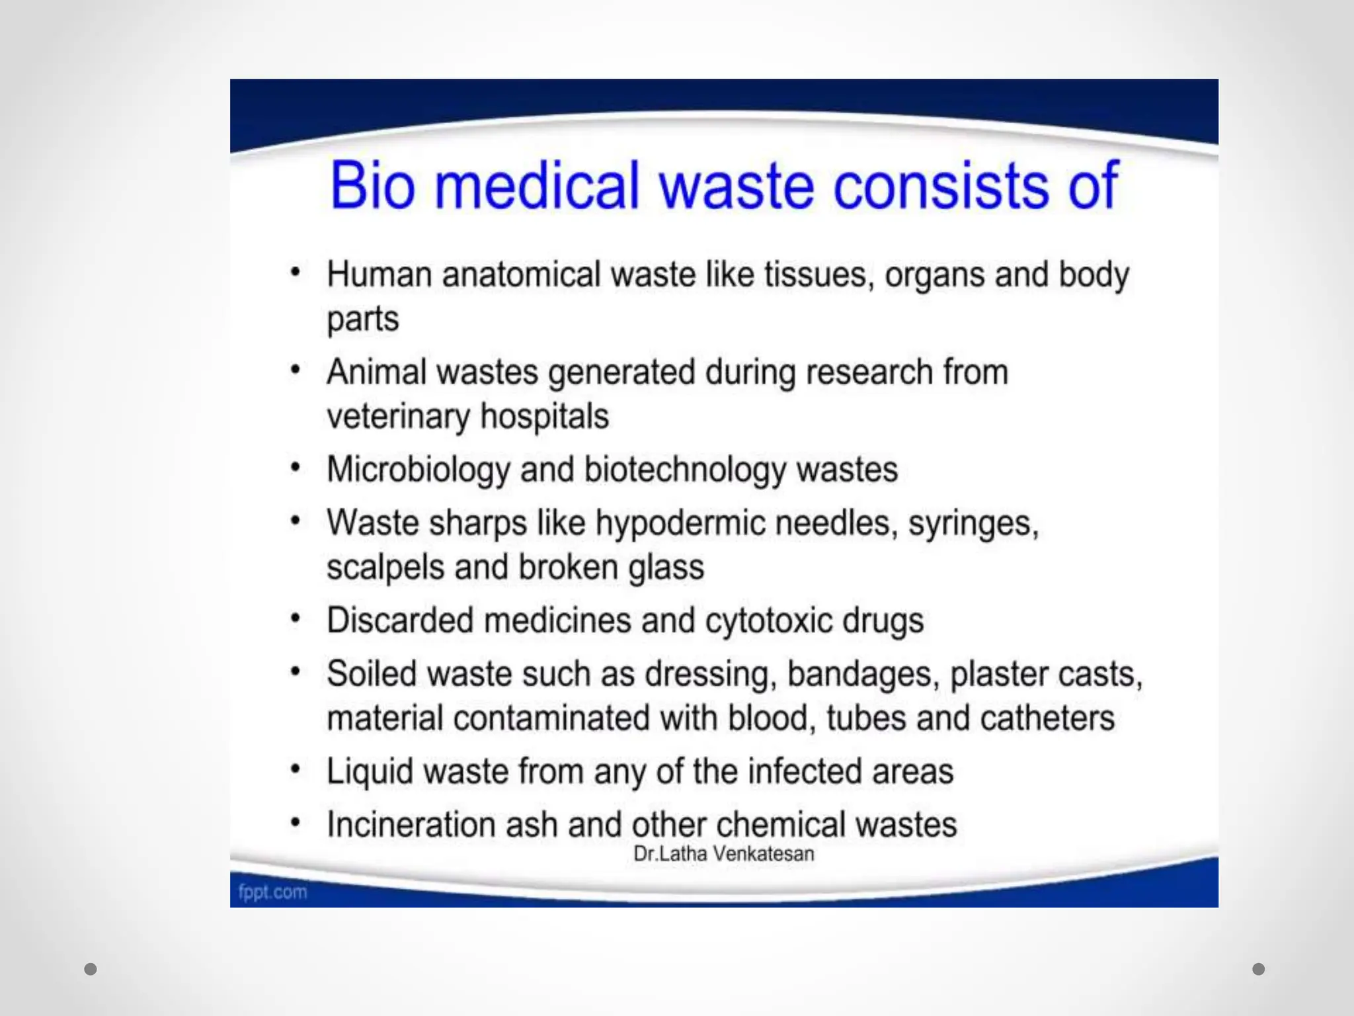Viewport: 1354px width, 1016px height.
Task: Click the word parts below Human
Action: [363, 319]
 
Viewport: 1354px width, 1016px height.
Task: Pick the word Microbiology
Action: [418, 470]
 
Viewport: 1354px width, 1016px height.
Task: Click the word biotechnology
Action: [685, 470]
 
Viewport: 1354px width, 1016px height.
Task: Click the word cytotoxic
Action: [768, 621]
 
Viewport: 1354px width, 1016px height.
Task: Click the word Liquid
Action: [370, 772]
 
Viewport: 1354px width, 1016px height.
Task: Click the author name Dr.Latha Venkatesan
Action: [723, 854]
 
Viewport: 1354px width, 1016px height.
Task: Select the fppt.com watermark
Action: [272, 892]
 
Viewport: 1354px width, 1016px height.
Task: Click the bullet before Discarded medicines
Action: [296, 619]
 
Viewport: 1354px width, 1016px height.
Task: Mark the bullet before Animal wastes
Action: [296, 370]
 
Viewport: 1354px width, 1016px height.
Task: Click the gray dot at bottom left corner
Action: [91, 969]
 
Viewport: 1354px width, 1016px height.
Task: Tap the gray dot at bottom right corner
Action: [1259, 969]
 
